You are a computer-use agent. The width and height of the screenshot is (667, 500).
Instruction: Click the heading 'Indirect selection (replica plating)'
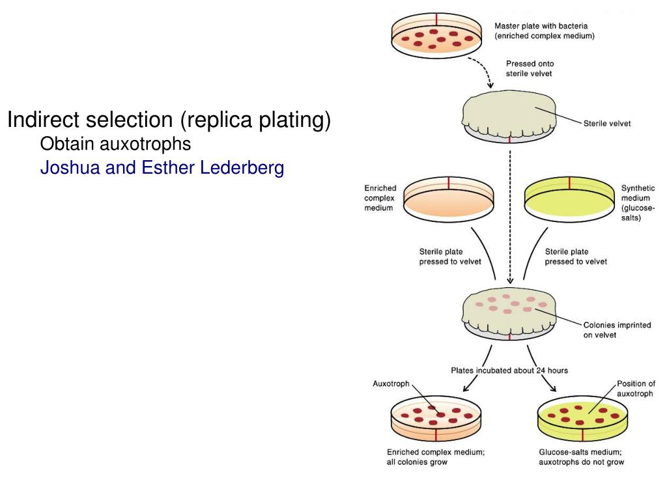click(x=169, y=120)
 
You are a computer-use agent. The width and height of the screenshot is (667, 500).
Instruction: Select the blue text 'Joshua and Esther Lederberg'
click(x=162, y=168)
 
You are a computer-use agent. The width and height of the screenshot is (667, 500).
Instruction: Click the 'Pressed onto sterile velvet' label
click(x=530, y=69)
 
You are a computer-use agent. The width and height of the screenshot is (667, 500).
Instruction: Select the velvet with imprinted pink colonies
click(x=509, y=310)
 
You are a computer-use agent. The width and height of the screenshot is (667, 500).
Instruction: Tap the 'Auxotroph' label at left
click(x=391, y=384)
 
